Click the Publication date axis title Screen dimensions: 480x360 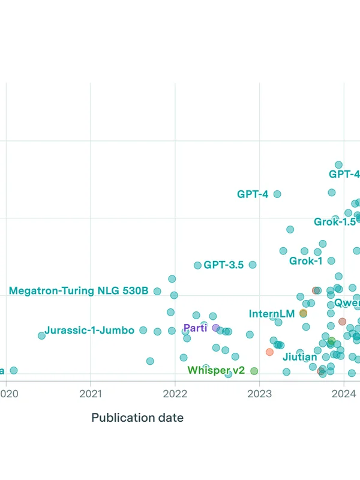coord(137,418)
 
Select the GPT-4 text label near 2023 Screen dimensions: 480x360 coord(253,194)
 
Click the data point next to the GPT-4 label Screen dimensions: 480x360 coord(277,194)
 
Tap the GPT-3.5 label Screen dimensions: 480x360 coord(223,265)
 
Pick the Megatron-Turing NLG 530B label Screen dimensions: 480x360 coord(79,291)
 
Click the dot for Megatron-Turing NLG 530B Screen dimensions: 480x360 coord(157,291)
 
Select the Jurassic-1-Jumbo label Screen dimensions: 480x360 coord(89,330)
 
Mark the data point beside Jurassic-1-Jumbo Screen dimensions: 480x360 coord(143,330)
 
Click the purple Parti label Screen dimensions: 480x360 coord(195,328)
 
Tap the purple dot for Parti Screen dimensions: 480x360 coord(215,328)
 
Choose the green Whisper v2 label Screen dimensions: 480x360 coord(216,370)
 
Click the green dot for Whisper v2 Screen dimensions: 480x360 coord(254,371)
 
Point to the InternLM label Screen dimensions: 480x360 coord(272,314)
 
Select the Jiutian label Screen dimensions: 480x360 coord(300,357)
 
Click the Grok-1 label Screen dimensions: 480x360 coord(306,261)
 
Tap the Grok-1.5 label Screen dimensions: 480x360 coord(335,221)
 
